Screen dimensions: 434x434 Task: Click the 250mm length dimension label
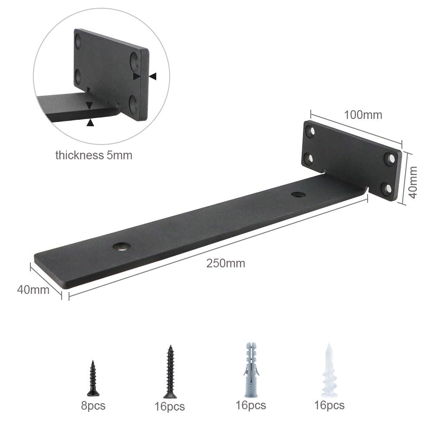tap(226, 263)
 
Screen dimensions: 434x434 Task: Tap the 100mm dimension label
tap(363, 115)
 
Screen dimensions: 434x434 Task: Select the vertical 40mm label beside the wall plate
tap(413, 182)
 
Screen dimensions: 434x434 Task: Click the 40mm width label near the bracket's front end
tap(33, 290)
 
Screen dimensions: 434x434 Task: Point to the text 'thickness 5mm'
tap(94, 155)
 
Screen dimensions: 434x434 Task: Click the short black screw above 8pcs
tap(93, 378)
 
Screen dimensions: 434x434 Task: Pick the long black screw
tap(170, 372)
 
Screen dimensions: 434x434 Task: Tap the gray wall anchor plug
tap(251, 370)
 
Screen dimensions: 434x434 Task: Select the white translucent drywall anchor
tap(329, 370)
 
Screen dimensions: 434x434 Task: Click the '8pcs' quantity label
tap(93, 406)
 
